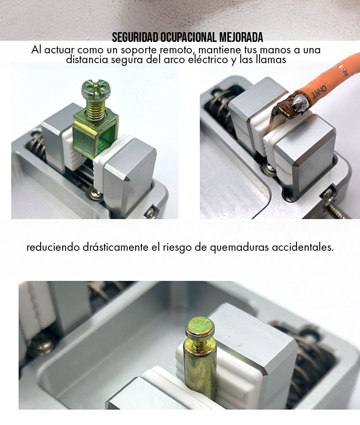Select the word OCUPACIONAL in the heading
[189, 37]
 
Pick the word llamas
[271, 59]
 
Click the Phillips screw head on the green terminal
[96, 90]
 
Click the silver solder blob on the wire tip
[299, 103]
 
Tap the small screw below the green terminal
[96, 194]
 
